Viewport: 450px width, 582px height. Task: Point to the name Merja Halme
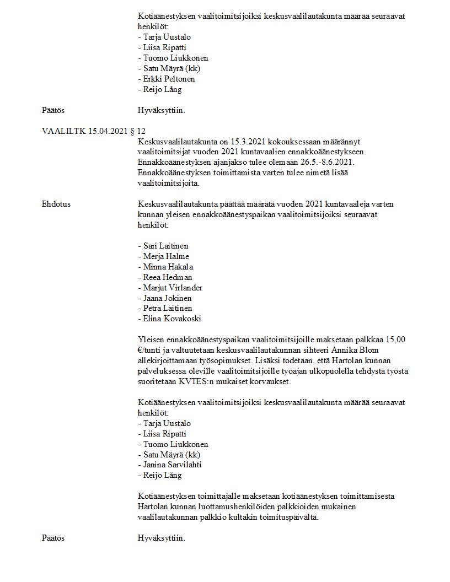pyautogui.click(x=165, y=256)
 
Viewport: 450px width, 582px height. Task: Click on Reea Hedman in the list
pyautogui.click(x=167, y=277)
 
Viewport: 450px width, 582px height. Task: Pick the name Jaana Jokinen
pyautogui.click(x=167, y=298)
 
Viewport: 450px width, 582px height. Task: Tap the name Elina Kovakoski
pyautogui.click(x=172, y=319)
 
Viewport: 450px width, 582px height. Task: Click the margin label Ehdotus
pyautogui.click(x=56, y=204)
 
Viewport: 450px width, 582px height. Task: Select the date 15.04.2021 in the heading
pyautogui.click(x=106, y=131)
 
